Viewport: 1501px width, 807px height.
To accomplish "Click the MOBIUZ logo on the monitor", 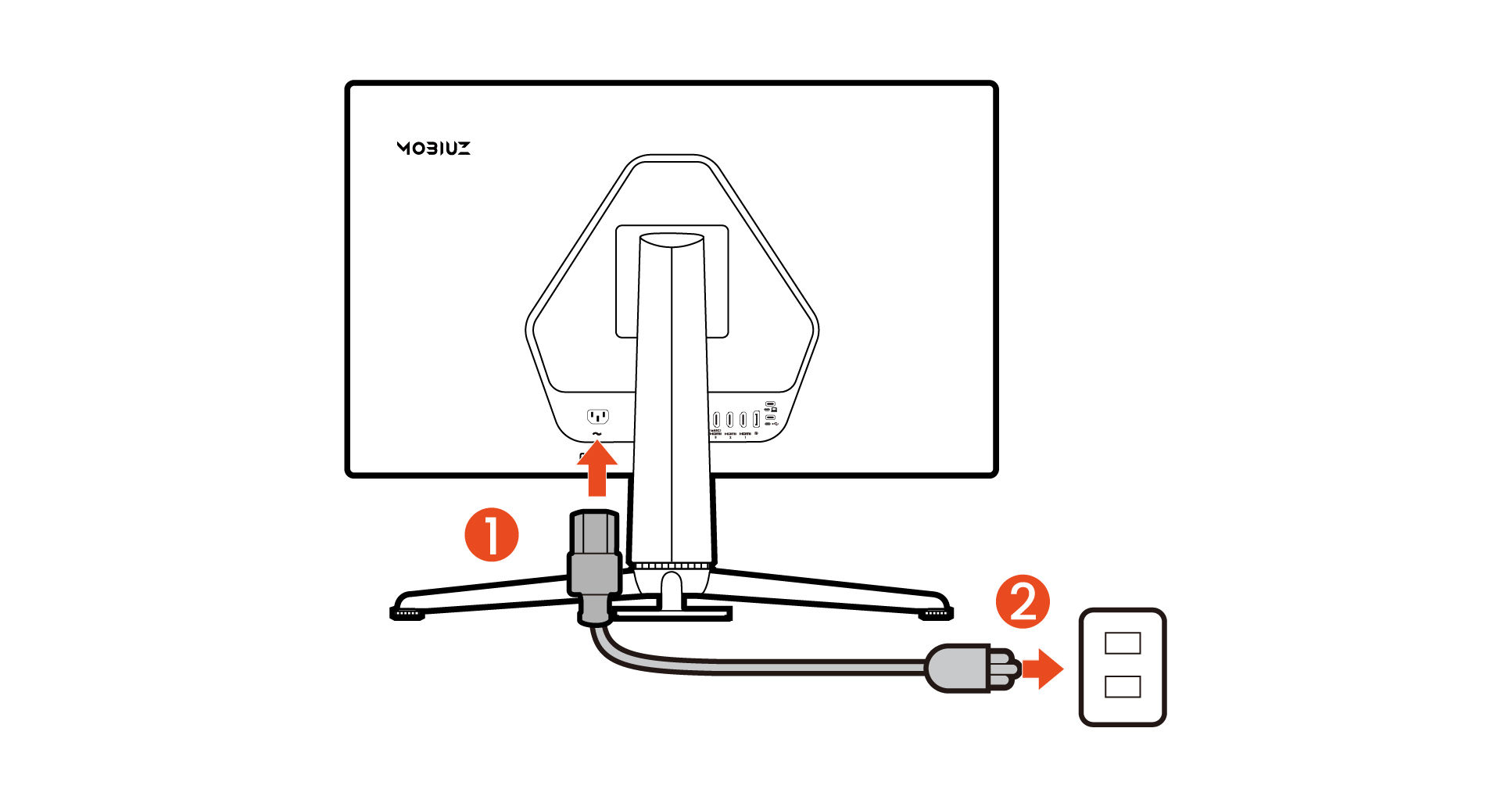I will click(433, 148).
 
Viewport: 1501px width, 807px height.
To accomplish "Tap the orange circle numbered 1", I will click(492, 535).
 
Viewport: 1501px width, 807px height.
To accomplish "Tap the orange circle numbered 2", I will click(1023, 602).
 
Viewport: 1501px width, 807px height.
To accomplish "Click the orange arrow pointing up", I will click(597, 468).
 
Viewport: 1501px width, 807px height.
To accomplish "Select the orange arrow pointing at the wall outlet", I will click(1042, 669).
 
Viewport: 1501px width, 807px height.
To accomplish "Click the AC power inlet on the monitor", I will click(598, 416).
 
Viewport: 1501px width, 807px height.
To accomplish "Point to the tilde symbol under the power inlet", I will click(597, 433).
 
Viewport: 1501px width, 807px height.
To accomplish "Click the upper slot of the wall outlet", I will click(1123, 643).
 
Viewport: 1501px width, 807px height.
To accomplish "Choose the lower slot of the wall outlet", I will click(1123, 687).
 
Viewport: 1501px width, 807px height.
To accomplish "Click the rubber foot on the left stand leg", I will click(407, 615).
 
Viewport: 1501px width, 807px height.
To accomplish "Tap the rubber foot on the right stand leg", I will click(936, 615).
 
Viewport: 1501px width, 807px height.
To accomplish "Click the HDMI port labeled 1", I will click(743, 420).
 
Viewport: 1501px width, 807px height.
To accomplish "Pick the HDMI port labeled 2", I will click(729, 420).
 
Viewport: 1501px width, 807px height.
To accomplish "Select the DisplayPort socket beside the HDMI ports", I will click(756, 420).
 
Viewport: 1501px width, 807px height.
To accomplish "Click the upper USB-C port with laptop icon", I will click(770, 404).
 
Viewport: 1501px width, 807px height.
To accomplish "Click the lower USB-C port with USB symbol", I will click(770, 418).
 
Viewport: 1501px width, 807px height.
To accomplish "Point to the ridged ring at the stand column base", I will click(672, 565).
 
